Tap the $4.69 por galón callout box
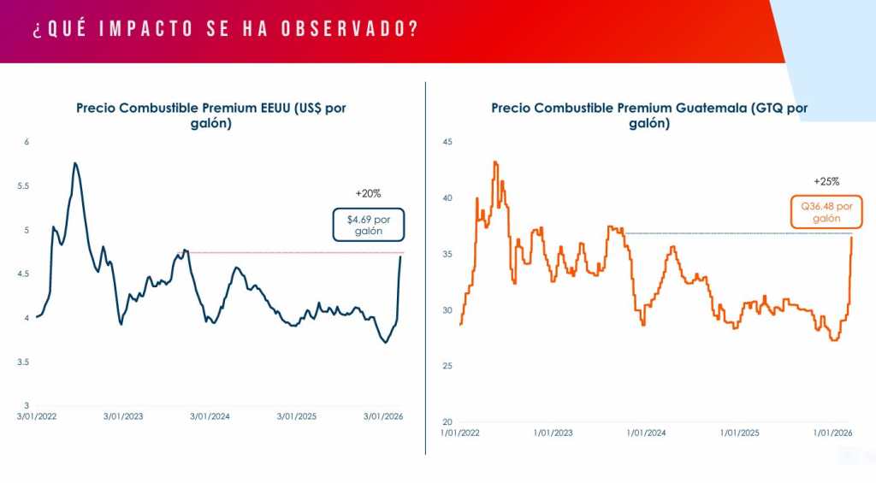(368, 225)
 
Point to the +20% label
(368, 193)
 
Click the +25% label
(826, 181)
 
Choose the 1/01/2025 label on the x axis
(737, 433)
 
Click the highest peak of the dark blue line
(75, 162)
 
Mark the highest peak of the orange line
(494, 161)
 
